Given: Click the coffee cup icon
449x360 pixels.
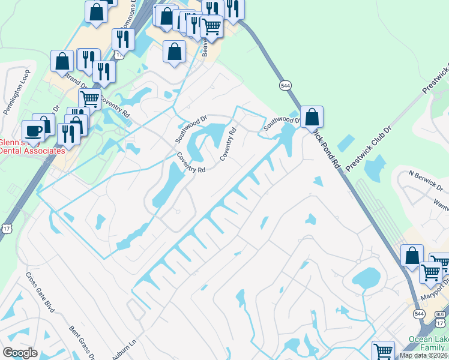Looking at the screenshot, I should click(33, 130).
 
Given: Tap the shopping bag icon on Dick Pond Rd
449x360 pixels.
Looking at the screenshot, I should click(312, 116).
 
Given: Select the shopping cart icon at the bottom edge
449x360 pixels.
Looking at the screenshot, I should click(383, 351).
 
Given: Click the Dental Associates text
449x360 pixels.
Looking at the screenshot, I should click(32, 151).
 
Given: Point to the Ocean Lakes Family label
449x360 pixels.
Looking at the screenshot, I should click(429, 343).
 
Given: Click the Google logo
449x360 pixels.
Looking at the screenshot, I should click(20, 353).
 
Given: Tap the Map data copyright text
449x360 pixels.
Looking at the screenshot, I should click(424, 355).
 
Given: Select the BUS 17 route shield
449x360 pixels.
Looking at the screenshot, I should click(440, 319).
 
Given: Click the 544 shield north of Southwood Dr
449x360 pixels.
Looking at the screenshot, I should click(285, 86).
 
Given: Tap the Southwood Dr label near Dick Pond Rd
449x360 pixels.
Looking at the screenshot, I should click(282, 123).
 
